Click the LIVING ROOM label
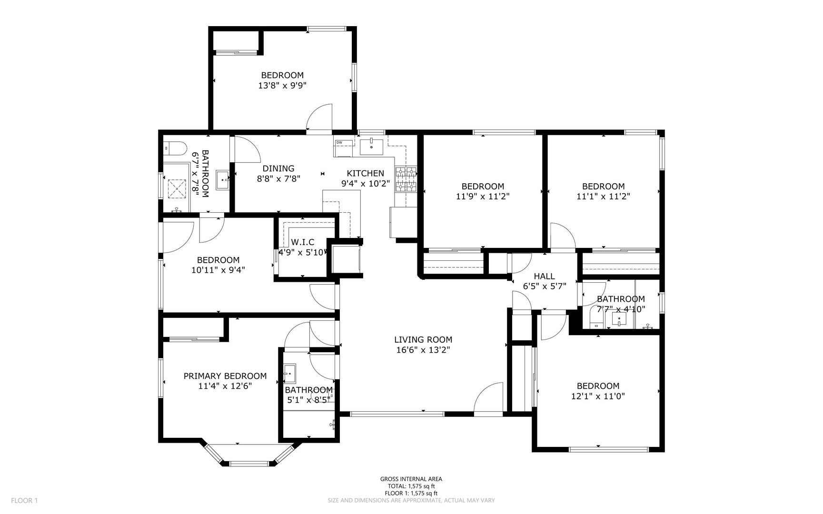(x=423, y=339)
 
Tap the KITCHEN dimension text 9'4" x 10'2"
(x=365, y=183)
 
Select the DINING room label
(x=278, y=168)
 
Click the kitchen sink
(x=371, y=147)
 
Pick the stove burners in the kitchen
(x=406, y=179)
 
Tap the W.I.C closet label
(x=303, y=242)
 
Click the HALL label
(x=544, y=276)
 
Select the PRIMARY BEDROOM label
(x=225, y=376)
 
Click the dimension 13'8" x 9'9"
(x=282, y=86)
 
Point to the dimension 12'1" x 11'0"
(x=598, y=396)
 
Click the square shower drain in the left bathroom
(x=178, y=188)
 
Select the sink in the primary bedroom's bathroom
(x=289, y=373)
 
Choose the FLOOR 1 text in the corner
(x=24, y=500)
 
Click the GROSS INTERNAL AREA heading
(x=411, y=479)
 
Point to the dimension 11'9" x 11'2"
(x=483, y=196)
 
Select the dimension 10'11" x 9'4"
(x=218, y=270)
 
